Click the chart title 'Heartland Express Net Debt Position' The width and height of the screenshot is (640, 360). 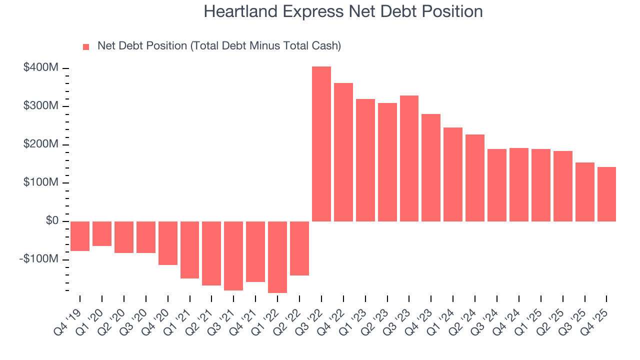click(x=343, y=12)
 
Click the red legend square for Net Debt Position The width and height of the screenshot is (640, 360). click(x=86, y=46)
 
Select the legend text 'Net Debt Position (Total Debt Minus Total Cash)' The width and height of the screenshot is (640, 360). click(x=219, y=46)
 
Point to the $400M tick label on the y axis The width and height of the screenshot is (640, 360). click(x=40, y=67)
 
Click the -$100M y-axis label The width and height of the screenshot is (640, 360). click(x=39, y=259)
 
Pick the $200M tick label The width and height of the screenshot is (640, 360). click(x=40, y=144)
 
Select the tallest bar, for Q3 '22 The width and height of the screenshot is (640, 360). click(x=321, y=144)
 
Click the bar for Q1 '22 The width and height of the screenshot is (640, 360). click(x=277, y=257)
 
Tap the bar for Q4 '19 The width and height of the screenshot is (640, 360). click(x=80, y=236)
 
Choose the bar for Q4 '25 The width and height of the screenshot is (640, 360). click(x=606, y=194)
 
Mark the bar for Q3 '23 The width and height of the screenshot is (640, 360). click(x=409, y=158)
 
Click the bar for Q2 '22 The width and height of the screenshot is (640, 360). click(x=299, y=248)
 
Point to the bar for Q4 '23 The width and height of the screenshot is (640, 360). click(x=431, y=167)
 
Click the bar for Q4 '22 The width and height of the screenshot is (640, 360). click(x=343, y=152)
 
